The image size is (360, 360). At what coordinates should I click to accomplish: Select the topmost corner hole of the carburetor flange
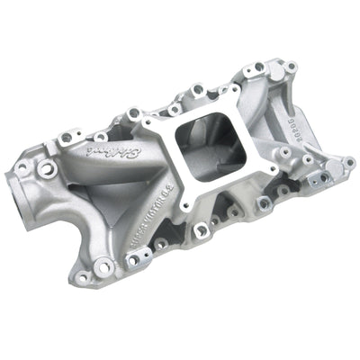235,91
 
